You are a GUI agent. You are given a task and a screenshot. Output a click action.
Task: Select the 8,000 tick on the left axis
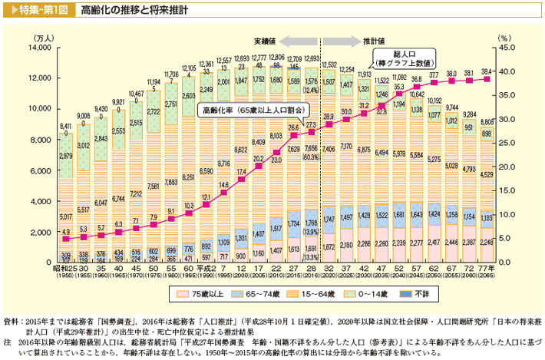click(35, 140)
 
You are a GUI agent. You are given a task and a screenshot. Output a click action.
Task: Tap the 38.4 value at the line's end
click(486, 71)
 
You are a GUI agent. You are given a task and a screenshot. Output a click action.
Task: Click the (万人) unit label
click(42, 36)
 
